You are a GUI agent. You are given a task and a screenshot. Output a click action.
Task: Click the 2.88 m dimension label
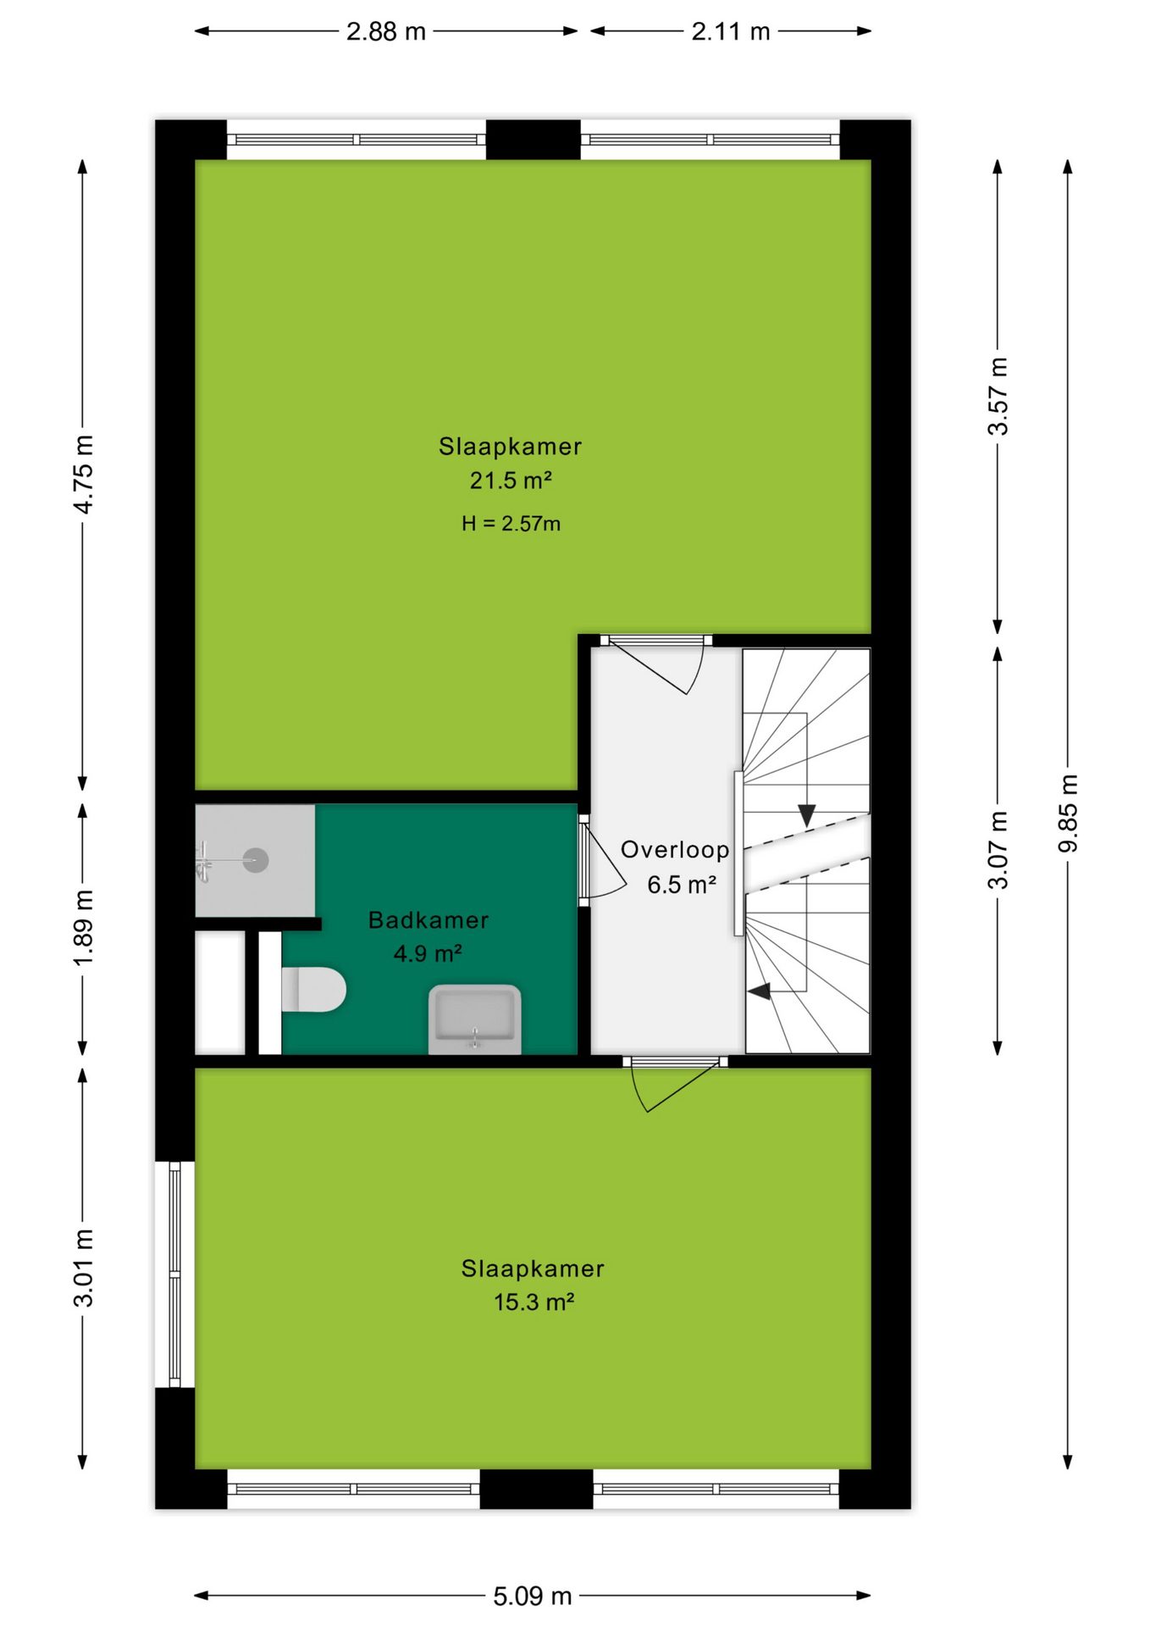coord(385,31)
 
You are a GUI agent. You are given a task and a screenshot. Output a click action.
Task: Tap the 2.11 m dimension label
coord(731,31)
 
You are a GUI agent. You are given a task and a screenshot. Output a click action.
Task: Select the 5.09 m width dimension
coord(533,1596)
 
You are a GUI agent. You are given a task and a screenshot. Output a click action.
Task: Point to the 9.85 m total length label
coord(1069,813)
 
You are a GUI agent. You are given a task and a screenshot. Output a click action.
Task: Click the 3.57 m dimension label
coord(998,397)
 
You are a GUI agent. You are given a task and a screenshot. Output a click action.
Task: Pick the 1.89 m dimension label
coord(83,928)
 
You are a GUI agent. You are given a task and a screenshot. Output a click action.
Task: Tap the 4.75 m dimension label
coord(83,475)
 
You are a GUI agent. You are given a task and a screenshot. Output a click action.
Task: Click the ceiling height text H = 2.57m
coord(511,524)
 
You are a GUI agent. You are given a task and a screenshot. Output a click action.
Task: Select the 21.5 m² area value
coord(511,480)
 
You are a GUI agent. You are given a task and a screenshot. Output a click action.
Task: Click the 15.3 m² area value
coord(534,1302)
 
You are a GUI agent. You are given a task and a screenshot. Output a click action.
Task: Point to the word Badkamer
coord(428,920)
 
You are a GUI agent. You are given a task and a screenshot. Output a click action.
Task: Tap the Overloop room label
coord(675,850)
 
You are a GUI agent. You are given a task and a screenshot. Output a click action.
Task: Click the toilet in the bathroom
coord(313,990)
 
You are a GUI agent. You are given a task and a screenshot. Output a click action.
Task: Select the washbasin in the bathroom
coord(474,1019)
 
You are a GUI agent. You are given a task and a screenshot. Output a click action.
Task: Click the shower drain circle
coord(256,861)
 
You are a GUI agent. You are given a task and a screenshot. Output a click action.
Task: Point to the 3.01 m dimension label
coord(83,1268)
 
